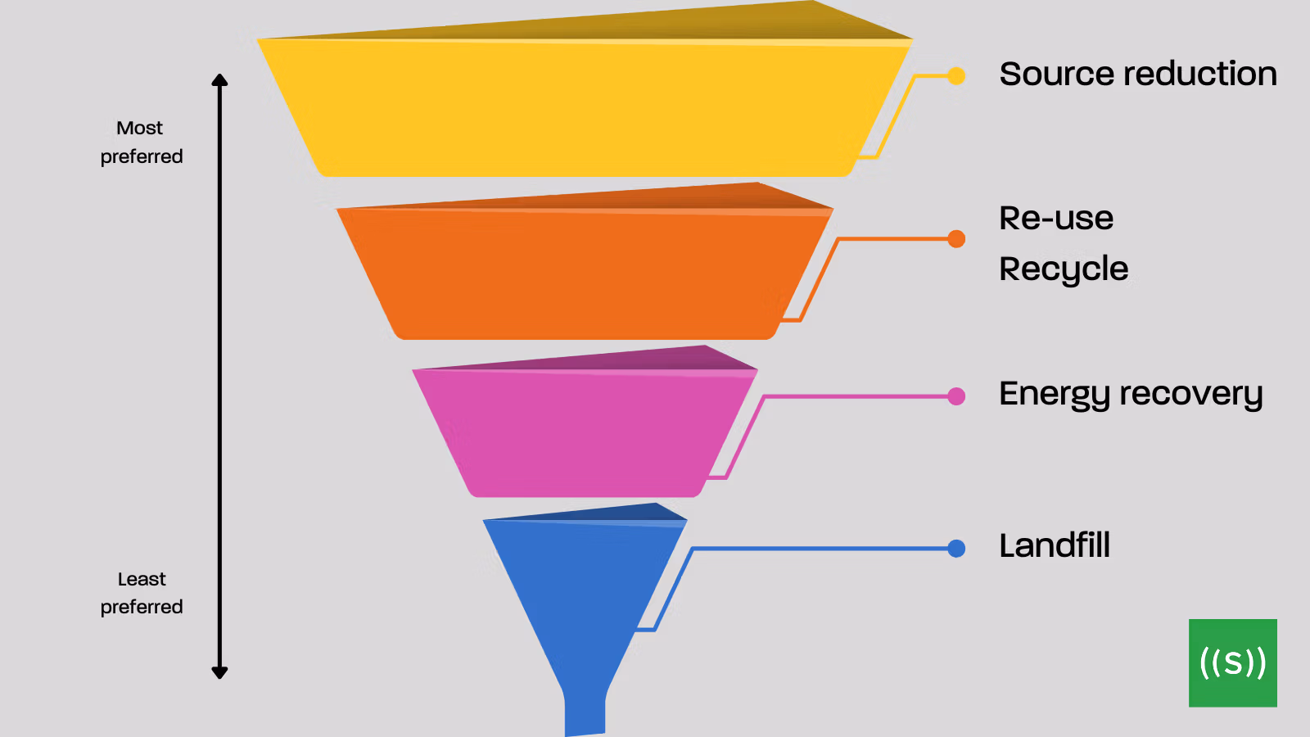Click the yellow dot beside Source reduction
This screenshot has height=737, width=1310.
point(956,75)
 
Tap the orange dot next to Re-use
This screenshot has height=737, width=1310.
point(956,238)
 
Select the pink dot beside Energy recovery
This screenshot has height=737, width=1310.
point(956,396)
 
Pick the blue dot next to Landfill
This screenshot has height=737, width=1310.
point(956,548)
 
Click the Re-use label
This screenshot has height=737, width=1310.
point(1056,219)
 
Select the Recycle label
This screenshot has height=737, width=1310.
point(1064,270)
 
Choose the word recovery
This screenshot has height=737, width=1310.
point(1191,395)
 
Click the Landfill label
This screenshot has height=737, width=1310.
point(1055,545)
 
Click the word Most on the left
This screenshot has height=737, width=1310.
point(139,128)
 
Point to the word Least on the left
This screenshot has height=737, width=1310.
point(142,579)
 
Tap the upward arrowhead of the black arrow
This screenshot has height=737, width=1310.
point(219,80)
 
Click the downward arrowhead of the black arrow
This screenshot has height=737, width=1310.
point(219,672)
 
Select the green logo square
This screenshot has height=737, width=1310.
point(1233,662)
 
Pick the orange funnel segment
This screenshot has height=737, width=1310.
point(585,269)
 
